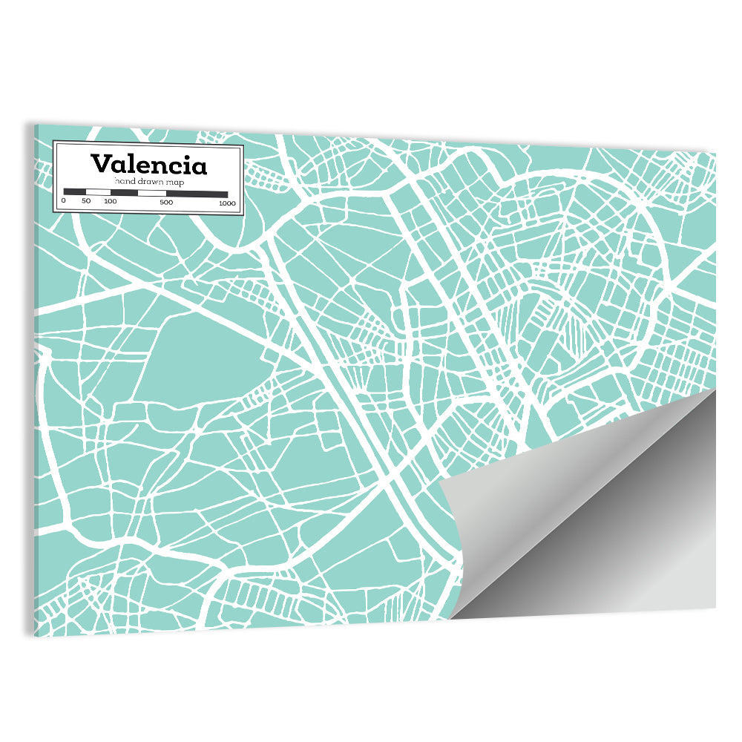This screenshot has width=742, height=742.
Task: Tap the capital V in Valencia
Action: (x=99, y=163)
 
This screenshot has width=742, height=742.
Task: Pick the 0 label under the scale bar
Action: (x=64, y=202)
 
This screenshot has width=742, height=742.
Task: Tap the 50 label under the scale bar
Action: (x=86, y=202)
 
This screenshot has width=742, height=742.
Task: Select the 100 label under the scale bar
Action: (x=111, y=202)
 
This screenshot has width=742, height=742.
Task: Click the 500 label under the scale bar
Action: (x=166, y=202)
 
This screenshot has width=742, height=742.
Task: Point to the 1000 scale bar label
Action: (x=227, y=203)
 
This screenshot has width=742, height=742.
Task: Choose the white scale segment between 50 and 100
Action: (x=98, y=193)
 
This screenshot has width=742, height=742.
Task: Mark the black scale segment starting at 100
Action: (x=124, y=193)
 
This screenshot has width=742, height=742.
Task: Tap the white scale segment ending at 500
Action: (x=152, y=193)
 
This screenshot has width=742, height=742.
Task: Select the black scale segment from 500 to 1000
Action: (x=197, y=194)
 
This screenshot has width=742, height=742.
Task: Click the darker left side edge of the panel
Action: (x=35, y=371)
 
